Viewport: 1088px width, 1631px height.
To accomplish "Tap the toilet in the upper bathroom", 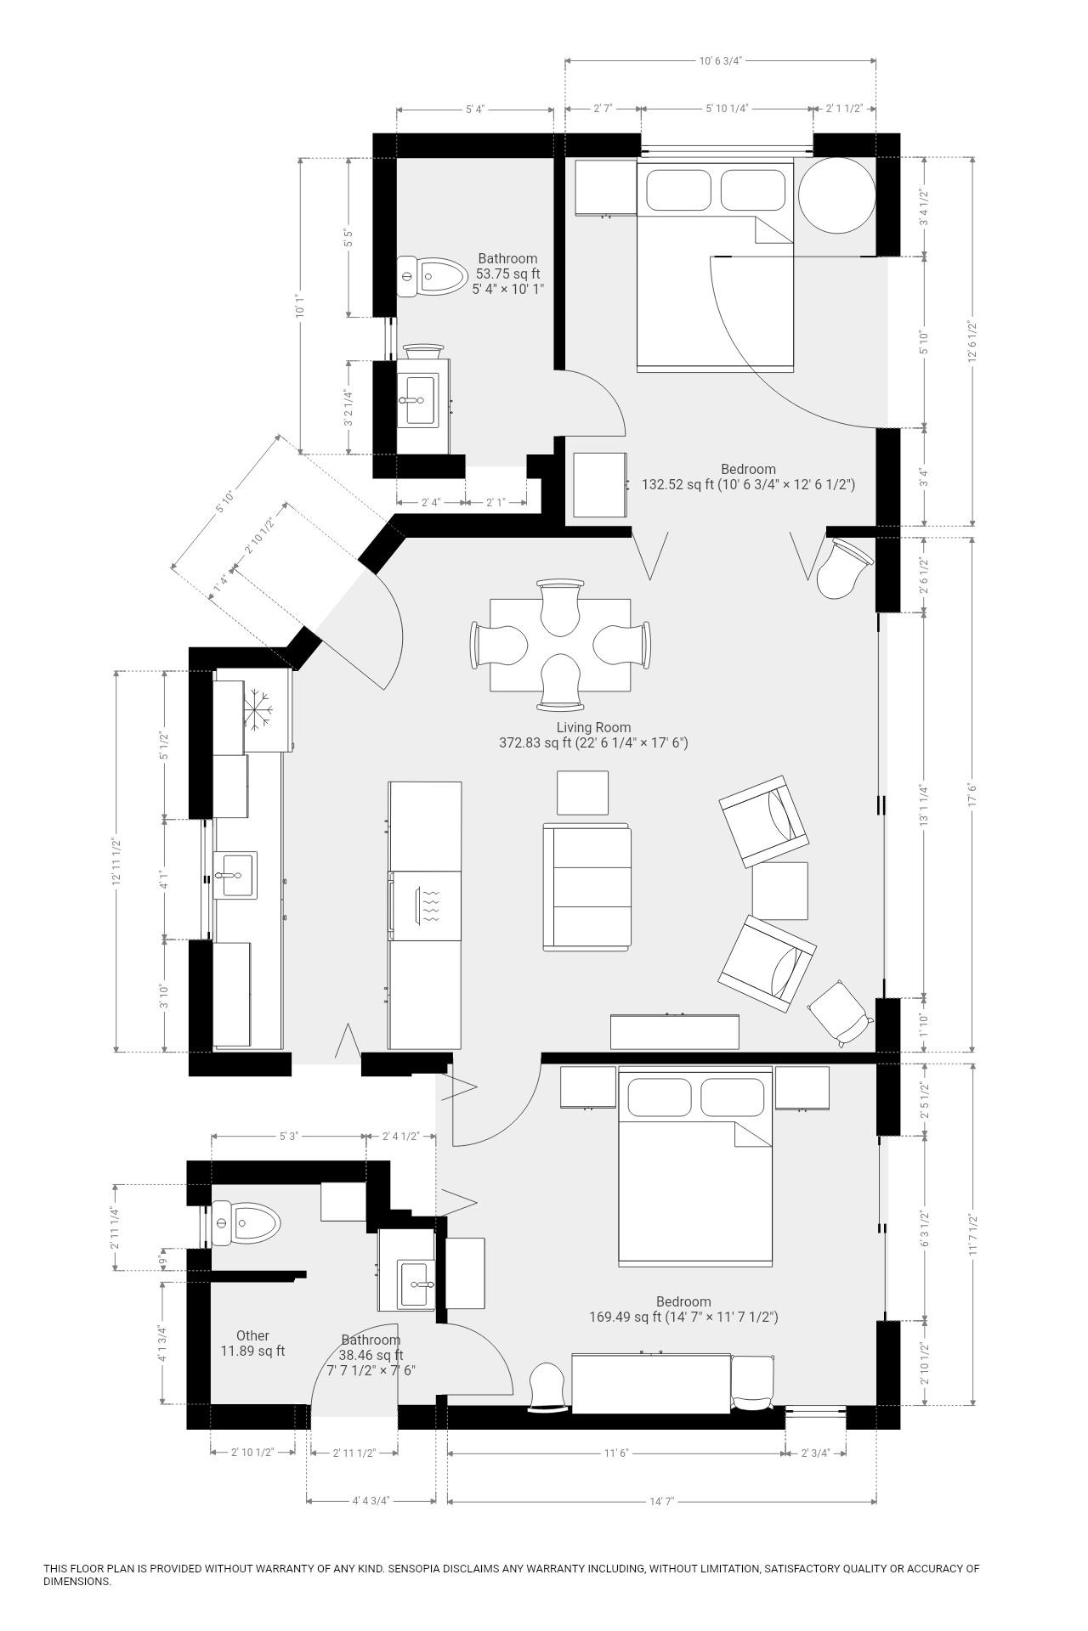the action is tap(432, 276).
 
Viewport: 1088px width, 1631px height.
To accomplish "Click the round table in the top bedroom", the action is tap(836, 195).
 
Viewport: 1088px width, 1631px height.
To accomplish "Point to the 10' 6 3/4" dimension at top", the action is tap(722, 60).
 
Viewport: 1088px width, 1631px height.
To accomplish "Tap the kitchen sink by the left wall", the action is tap(235, 875).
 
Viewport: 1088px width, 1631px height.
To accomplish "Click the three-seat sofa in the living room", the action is tap(587, 887).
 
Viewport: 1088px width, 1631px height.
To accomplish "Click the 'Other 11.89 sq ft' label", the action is tap(252, 1343).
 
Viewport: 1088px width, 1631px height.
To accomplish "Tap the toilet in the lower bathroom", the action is tap(246, 1224).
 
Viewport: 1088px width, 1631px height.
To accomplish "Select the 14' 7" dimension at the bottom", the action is tap(661, 1501).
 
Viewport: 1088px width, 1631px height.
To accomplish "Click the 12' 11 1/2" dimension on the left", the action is tap(116, 862).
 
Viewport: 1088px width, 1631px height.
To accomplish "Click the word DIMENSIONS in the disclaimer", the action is tap(76, 1582).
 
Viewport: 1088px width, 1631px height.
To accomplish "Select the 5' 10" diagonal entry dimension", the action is tap(224, 502).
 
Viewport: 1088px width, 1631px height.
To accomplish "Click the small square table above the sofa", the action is tap(582, 793).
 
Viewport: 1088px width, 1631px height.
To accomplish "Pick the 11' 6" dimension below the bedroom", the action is tap(615, 1453).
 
